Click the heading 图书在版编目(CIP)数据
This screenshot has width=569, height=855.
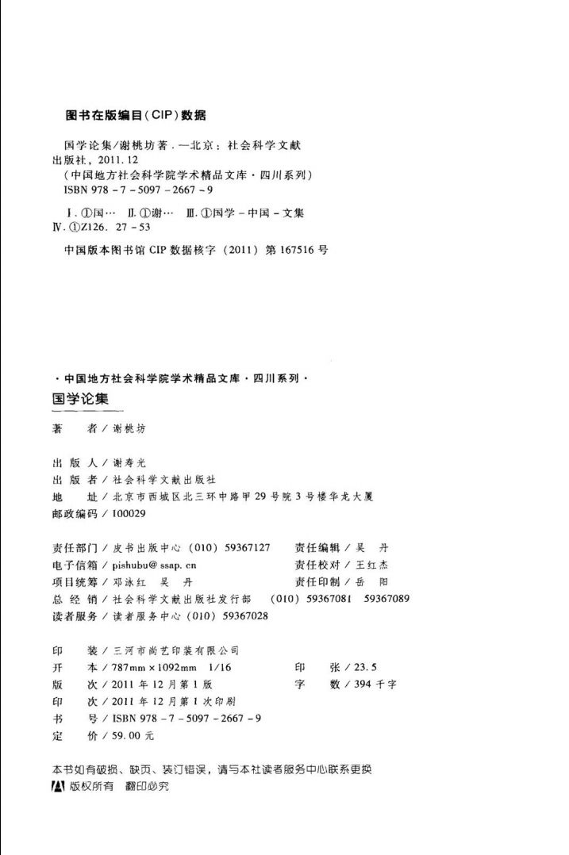(x=135, y=115)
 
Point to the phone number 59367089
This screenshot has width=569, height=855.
(x=386, y=599)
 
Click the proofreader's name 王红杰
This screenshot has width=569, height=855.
(x=372, y=565)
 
